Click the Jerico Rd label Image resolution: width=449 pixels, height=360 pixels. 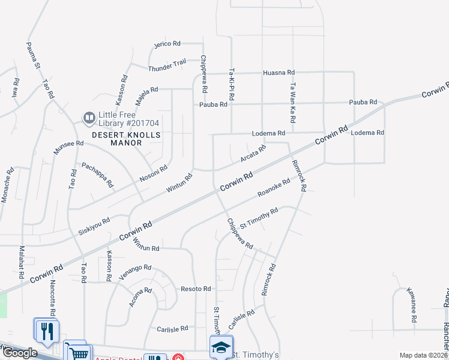point(167,44)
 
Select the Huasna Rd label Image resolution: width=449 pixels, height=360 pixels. point(279,73)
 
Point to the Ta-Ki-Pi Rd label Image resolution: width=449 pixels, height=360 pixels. point(231,83)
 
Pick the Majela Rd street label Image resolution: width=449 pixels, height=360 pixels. point(146,96)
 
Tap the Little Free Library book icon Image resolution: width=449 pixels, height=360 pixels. point(89,116)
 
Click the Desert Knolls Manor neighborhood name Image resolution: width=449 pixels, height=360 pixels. point(125,139)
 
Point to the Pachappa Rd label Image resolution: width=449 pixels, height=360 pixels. point(97,175)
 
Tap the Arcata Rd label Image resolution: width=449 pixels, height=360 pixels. point(253,154)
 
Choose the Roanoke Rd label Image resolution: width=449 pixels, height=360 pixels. point(274,188)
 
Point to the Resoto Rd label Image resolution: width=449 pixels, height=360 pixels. point(196,289)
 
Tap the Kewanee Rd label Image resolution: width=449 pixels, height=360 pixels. point(414,309)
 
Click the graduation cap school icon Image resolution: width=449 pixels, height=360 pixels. point(220,346)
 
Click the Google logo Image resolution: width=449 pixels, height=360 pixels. point(20,353)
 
